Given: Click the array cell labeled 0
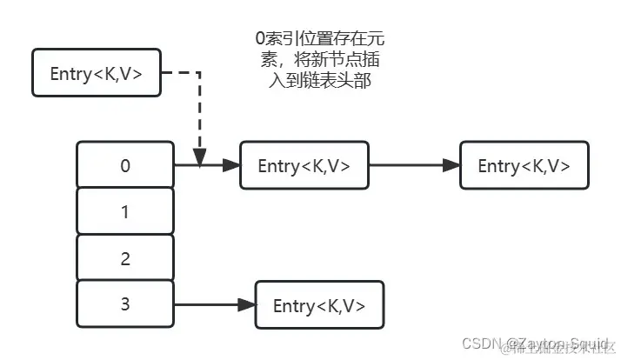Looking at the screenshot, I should tap(125, 165).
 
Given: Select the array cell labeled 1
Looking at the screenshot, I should tap(125, 211).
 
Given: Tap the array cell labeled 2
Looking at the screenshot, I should tap(125, 258).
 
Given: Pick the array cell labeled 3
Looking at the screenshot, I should tap(125, 304).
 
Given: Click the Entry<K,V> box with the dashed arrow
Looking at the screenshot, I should tap(96, 73).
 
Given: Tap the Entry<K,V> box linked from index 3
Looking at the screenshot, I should tap(318, 305).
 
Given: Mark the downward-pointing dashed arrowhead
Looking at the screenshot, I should tap(200, 157).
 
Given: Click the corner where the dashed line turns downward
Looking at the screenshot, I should tap(200, 73).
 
